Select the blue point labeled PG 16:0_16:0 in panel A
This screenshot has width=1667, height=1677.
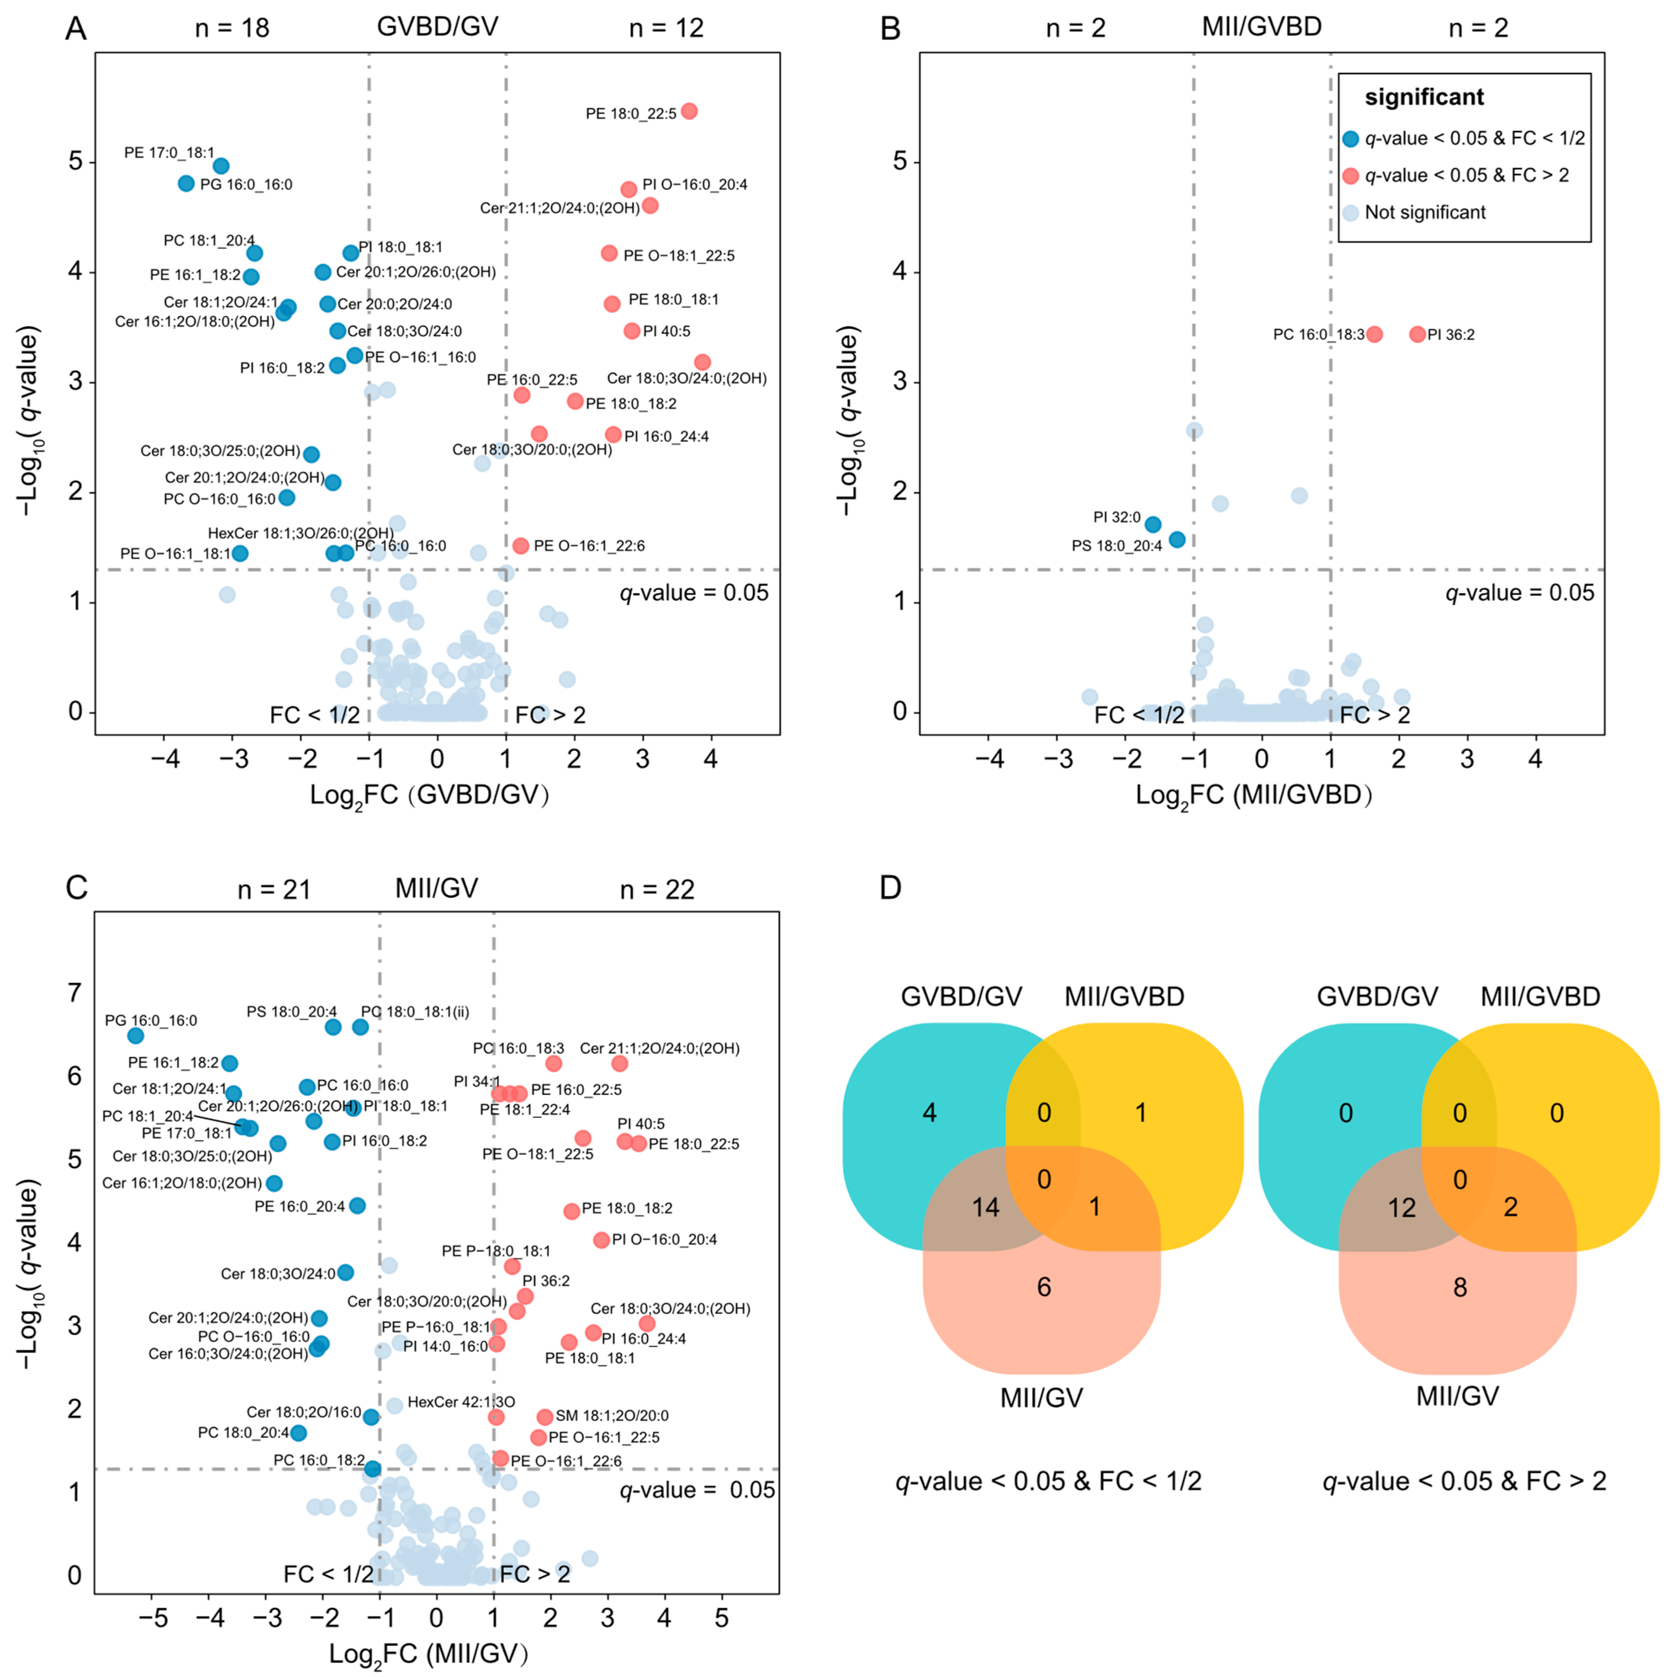click(x=186, y=183)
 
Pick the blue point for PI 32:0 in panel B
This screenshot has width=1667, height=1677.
click(x=1152, y=524)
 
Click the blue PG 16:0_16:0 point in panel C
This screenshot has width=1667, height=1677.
click(x=135, y=1036)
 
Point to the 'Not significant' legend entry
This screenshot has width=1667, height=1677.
click(x=1425, y=213)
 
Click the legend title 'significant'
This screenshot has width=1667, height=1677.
click(x=1424, y=97)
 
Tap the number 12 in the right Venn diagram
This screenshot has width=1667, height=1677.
click(x=1401, y=1207)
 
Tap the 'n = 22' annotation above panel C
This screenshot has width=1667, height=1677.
click(x=657, y=890)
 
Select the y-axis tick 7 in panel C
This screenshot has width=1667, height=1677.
click(x=76, y=992)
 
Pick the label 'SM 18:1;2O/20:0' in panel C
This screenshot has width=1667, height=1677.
click(x=612, y=1416)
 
